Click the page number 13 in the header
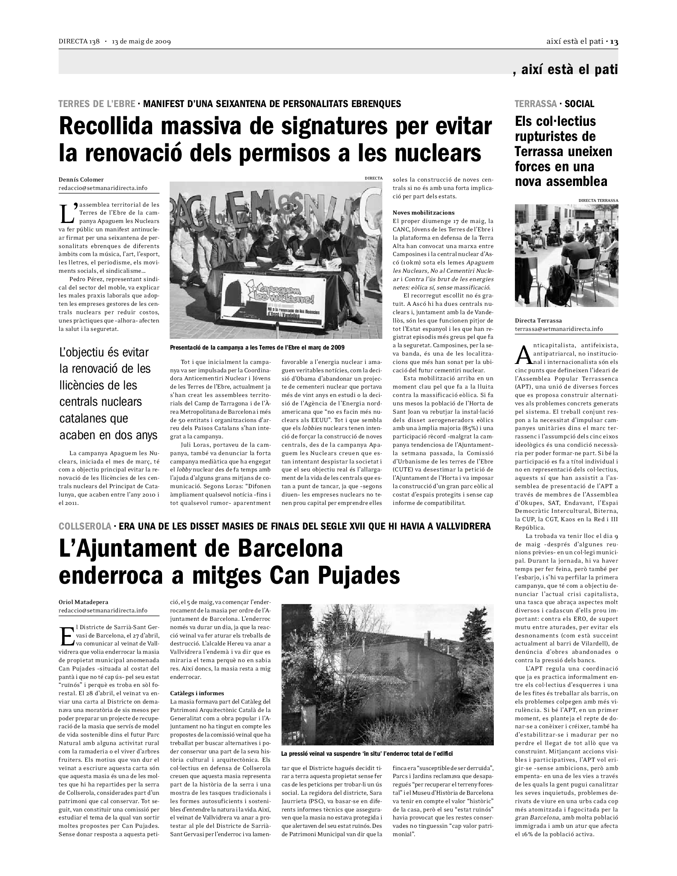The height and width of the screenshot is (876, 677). (x=614, y=42)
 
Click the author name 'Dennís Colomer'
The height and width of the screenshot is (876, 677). (x=81, y=180)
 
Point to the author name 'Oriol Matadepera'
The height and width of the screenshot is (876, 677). (x=83, y=602)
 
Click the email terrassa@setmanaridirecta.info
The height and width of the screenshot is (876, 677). (x=559, y=329)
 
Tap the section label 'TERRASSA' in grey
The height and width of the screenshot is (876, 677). (x=536, y=104)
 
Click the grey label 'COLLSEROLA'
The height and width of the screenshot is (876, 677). (x=84, y=526)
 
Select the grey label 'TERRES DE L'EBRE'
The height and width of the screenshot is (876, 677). (x=97, y=104)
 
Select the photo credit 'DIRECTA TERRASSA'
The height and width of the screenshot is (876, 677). (x=598, y=200)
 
